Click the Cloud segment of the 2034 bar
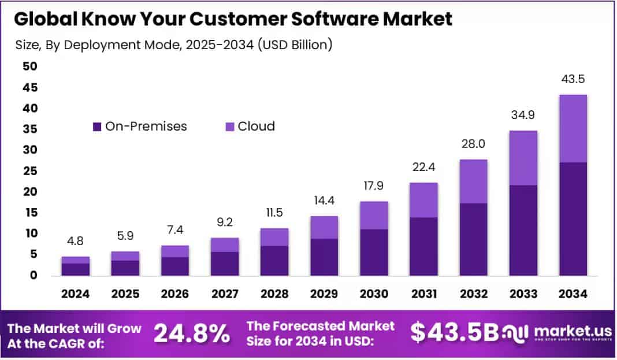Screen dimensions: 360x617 [573, 128]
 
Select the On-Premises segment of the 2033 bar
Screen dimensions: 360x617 [523, 230]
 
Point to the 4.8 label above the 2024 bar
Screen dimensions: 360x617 [76, 240]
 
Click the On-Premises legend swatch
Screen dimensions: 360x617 [97, 126]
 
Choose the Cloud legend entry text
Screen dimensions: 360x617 [256, 126]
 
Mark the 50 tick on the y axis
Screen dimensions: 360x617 [29, 66]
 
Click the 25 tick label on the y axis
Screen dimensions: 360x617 [29, 171]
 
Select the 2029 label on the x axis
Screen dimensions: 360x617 [324, 294]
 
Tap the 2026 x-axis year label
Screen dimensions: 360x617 [175, 294]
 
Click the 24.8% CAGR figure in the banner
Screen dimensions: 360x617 [192, 333]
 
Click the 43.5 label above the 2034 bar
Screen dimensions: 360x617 [573, 79]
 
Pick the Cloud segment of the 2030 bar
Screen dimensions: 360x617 [374, 215]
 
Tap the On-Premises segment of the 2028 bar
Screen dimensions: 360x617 [274, 261]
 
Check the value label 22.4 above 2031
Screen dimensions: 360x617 [424, 167]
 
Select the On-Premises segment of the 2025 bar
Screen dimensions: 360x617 [125, 268]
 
